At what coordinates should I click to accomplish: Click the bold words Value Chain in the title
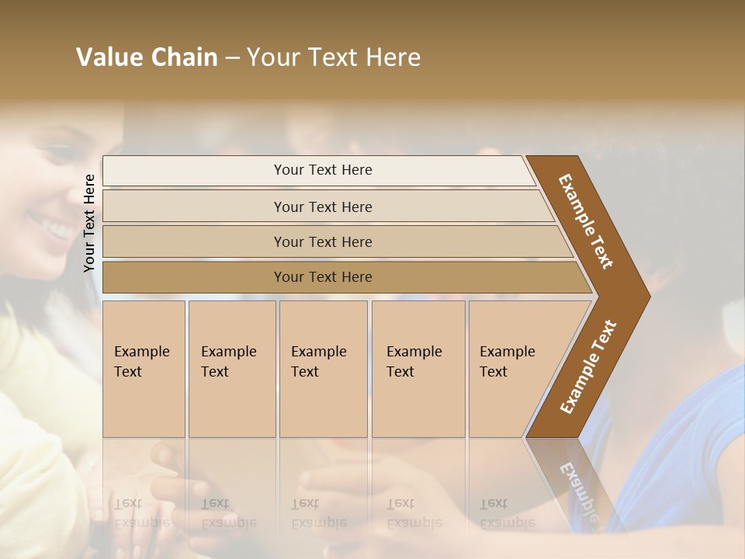point(147,57)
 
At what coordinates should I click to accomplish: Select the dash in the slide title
point(232,58)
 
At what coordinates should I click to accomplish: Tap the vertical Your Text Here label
point(89,223)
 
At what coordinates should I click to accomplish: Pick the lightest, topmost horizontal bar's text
point(323,170)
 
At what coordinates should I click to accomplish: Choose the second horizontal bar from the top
point(323,207)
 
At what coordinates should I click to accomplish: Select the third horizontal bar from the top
point(323,241)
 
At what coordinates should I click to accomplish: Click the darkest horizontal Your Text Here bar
point(323,277)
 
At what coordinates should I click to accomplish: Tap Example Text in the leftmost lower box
point(141,361)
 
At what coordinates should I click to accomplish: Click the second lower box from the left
point(229,361)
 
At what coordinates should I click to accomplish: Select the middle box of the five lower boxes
point(319,361)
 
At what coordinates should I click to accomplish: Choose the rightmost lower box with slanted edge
point(508,361)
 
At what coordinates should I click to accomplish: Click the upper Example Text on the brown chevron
point(586,221)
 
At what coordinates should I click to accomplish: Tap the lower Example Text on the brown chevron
point(588,366)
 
